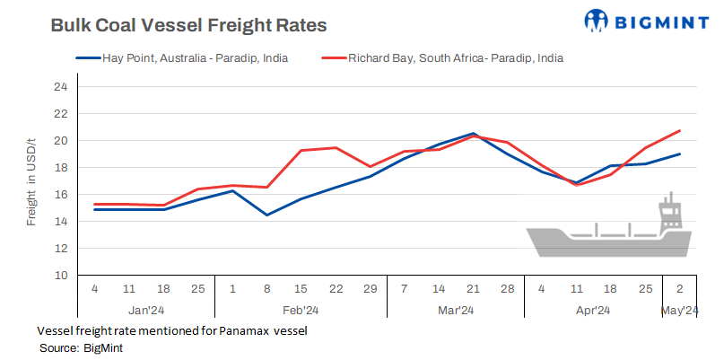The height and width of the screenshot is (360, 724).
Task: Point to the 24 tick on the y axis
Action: [61, 87]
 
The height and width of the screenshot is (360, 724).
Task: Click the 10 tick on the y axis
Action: [61, 275]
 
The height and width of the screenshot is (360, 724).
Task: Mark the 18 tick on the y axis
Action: [61, 168]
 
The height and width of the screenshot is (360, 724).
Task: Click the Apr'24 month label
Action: [592, 311]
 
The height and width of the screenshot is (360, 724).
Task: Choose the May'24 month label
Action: [679, 311]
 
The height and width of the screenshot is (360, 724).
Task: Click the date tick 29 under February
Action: [370, 291]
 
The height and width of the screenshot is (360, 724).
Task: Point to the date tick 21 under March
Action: [473, 291]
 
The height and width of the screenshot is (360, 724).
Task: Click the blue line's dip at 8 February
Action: [266, 215]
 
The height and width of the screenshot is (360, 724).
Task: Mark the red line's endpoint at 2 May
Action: [679, 131]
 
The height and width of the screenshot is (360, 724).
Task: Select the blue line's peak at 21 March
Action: [473, 134]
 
